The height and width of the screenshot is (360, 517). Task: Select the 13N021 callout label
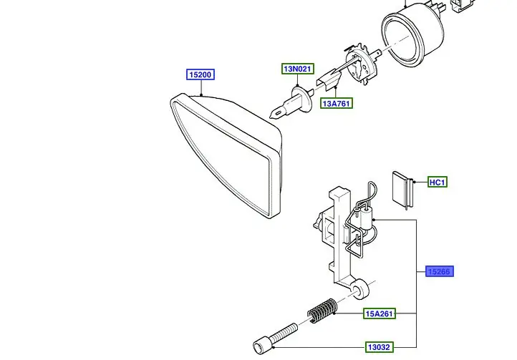click(x=297, y=69)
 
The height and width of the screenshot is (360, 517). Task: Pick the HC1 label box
click(x=437, y=183)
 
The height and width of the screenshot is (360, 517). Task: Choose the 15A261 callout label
click(x=380, y=313)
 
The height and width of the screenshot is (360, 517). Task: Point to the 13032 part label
click(x=380, y=347)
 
